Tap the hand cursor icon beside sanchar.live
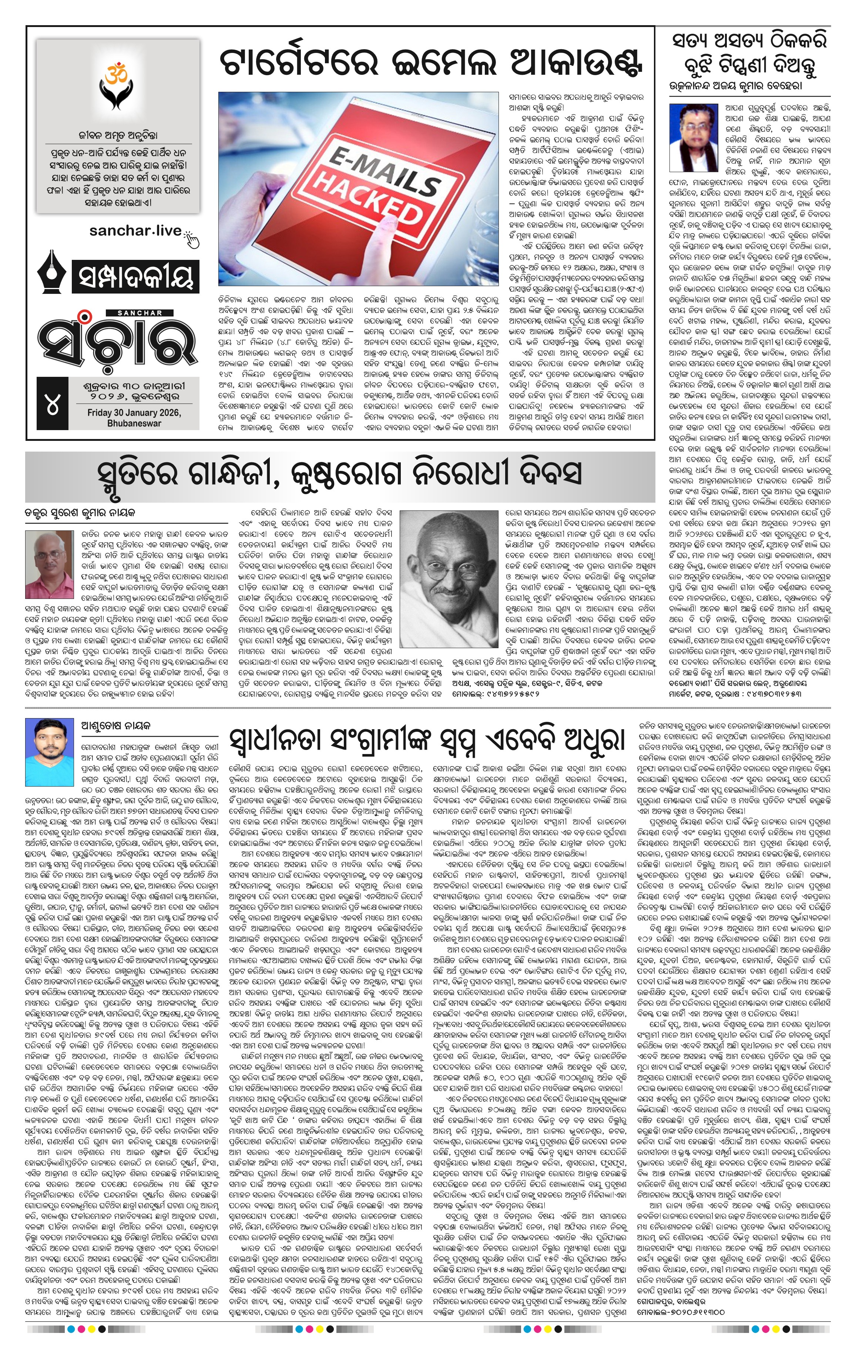tap(193, 238)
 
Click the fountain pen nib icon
tap(53, 277)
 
